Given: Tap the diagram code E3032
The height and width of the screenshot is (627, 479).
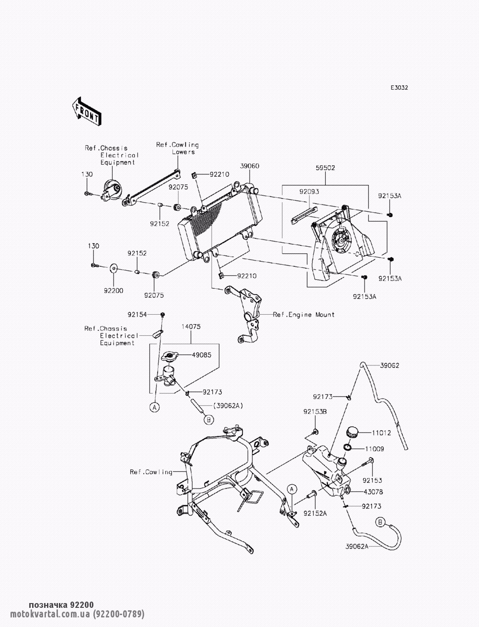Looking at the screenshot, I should tap(399, 88).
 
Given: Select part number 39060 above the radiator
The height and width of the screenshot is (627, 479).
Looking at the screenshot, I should tap(250, 166).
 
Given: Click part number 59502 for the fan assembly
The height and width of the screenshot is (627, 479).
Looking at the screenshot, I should tap(325, 168).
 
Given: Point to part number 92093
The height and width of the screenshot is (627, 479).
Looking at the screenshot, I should tap(309, 192).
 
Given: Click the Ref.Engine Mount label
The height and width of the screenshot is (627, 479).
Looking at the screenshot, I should tap(304, 315).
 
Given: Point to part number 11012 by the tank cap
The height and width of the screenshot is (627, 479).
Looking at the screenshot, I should tap(382, 433).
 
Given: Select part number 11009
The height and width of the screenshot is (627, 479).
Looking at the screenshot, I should tap(382, 449).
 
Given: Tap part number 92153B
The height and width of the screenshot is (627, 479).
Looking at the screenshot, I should tap(314, 411).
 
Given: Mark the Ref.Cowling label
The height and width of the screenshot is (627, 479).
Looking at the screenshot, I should tap(151, 472).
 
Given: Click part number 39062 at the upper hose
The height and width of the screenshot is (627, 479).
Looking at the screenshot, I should tap(389, 365).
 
